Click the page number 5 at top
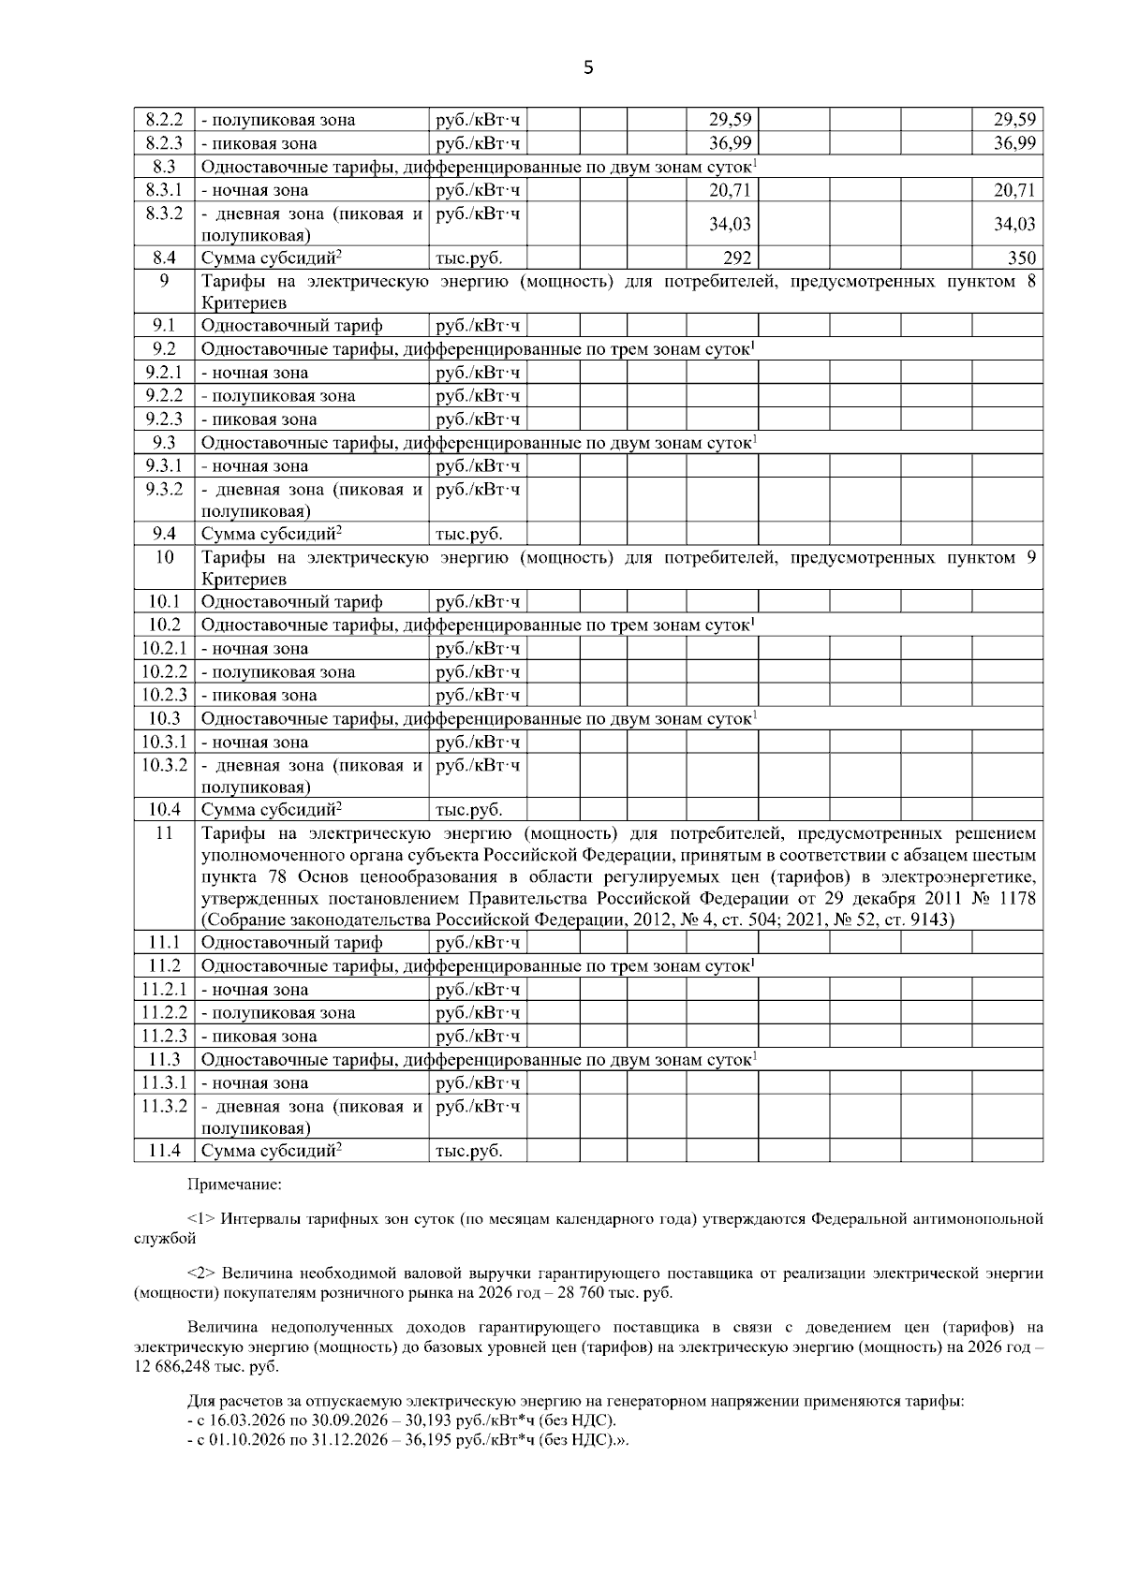588,67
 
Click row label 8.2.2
164,120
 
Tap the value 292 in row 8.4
737,258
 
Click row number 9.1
164,326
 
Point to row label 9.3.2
164,489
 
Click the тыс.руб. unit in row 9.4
468,535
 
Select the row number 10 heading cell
164,558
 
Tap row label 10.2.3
164,695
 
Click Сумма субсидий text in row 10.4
269,810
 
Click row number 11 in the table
164,833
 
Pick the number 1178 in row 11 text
1015,898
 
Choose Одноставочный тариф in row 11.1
292,943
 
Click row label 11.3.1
164,1083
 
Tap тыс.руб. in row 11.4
468,1151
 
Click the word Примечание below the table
234,1184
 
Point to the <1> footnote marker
203,1219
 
